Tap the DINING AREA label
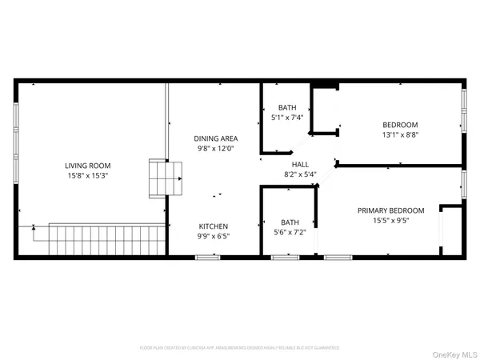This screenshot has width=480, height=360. [217, 138]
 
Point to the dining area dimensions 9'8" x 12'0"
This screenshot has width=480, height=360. [217, 148]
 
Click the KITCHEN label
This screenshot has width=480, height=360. [214, 226]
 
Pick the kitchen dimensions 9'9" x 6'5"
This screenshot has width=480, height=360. [214, 236]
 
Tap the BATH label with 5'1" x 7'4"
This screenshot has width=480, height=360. [287, 108]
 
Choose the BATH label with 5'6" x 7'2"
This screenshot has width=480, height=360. [290, 222]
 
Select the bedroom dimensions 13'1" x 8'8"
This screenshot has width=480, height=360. [399, 135]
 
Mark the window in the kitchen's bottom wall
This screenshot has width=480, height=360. [208, 257]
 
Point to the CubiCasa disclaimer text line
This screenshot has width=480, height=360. [240, 348]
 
